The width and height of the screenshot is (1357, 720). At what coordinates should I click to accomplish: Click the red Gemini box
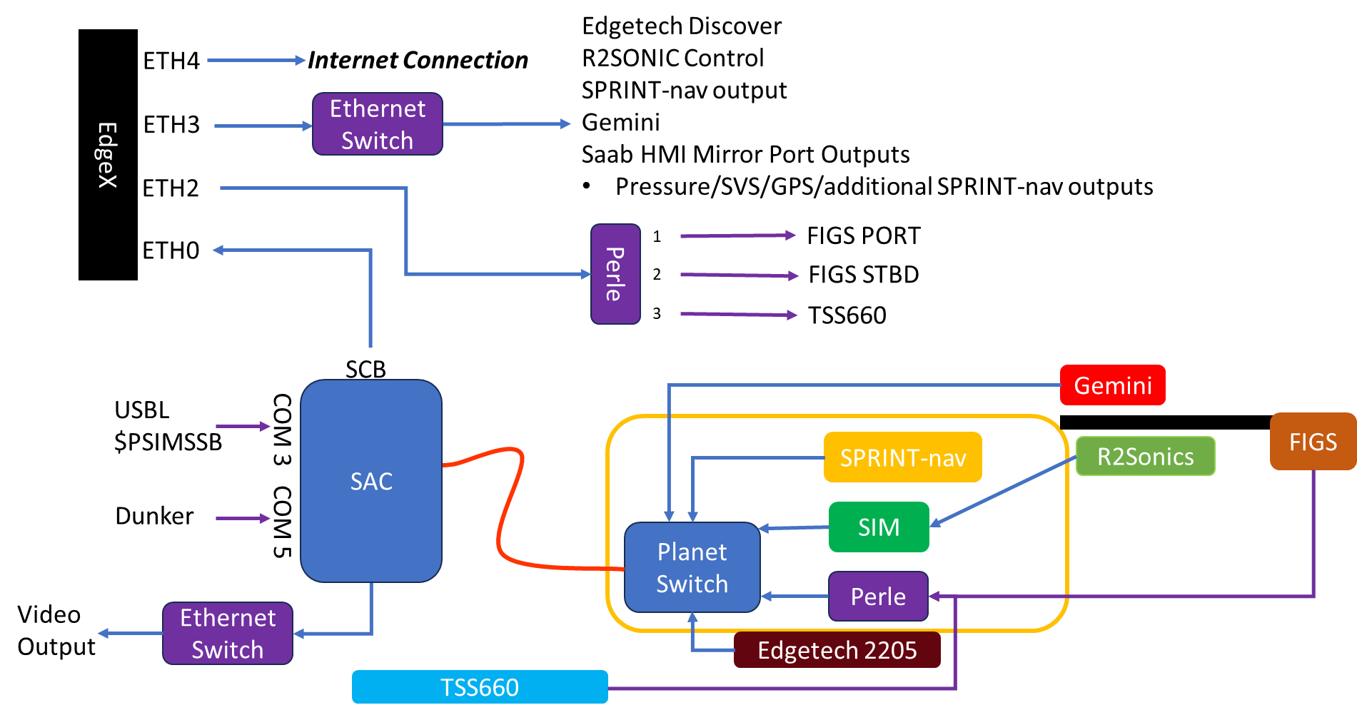1112,385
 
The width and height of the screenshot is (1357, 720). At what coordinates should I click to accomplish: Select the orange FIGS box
1313,442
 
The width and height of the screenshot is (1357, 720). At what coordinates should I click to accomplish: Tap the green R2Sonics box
1145,456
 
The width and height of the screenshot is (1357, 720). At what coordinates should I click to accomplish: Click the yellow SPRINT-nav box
902,457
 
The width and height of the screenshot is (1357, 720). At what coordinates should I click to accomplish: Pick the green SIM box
879,527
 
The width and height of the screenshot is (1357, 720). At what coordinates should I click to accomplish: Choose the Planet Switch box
691,568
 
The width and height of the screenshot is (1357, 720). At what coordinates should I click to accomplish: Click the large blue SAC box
371,481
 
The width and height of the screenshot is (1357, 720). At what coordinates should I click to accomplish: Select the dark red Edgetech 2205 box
837,650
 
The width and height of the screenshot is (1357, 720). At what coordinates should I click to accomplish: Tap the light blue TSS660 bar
480,687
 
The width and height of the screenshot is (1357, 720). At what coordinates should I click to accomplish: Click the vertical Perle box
615,274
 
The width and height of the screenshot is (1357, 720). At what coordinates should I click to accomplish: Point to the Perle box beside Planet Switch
878,597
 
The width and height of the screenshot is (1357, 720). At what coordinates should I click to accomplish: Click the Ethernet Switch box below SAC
228,634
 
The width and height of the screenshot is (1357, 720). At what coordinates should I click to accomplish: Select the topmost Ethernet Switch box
378,124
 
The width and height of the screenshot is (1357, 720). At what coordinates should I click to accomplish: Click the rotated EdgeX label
107,155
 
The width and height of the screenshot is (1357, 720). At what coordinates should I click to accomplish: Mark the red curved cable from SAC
508,507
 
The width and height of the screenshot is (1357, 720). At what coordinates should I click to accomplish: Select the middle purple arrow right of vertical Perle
739,275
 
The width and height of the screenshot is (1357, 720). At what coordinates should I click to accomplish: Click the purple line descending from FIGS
1313,535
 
